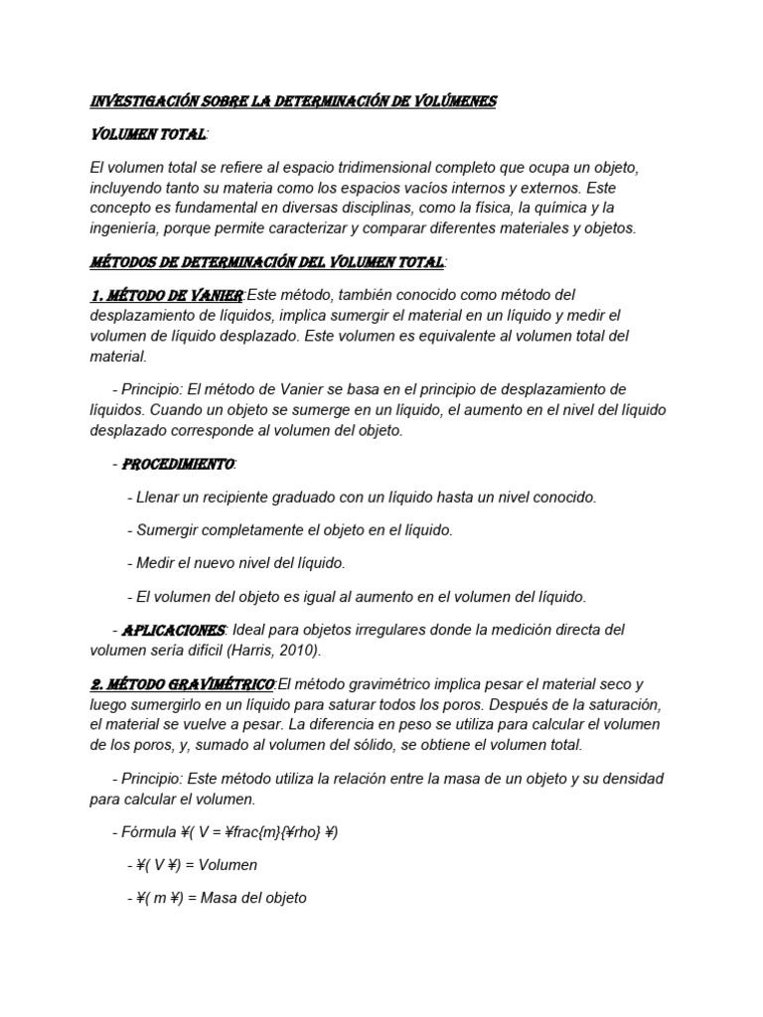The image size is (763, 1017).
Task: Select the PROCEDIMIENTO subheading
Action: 178,464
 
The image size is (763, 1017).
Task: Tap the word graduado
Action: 297,497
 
